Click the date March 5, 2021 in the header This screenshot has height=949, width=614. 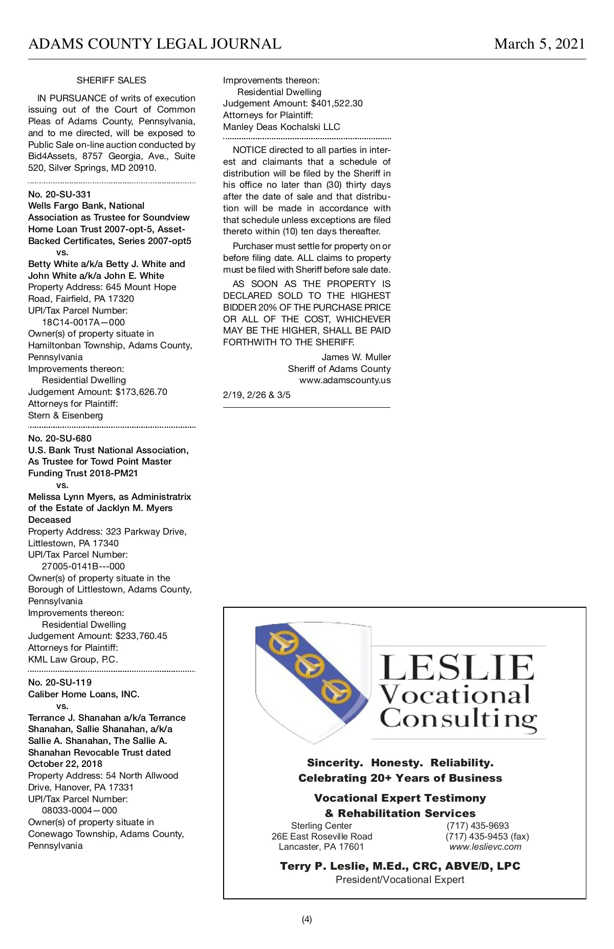tap(539, 44)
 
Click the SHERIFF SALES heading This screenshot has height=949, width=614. tap(111, 80)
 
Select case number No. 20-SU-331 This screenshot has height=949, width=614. tap(59, 194)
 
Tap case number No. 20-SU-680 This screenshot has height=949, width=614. tap(60, 438)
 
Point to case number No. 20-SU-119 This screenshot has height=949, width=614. tap(60, 682)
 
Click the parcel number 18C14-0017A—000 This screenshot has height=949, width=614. tap(83, 322)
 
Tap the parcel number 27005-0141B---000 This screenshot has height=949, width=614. tap(83, 566)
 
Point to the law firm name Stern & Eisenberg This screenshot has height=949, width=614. tap(65, 415)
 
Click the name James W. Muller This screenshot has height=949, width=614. tap(356, 357)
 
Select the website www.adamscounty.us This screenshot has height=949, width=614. tap(345, 380)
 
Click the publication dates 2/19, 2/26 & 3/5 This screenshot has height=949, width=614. tap(257, 395)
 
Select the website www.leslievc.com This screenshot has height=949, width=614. tap(485, 847)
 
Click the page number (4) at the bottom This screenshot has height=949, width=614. tap(306, 919)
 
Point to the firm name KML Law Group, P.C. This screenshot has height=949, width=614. tap(73, 659)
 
